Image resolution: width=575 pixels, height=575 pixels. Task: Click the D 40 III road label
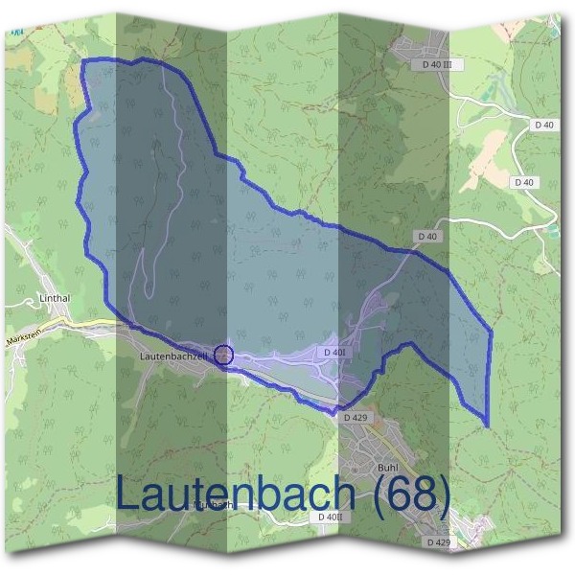436,64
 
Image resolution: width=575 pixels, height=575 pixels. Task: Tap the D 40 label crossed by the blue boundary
427,236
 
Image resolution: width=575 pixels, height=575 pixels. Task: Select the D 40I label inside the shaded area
333,353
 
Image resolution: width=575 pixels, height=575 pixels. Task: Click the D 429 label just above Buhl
355,418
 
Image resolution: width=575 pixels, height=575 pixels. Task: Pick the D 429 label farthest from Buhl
437,542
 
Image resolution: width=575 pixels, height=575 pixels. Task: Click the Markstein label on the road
23,339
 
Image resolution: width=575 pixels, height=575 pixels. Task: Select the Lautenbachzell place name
173,356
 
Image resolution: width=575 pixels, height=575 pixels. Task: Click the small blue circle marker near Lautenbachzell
223,356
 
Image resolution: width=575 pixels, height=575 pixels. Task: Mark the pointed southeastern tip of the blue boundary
488,426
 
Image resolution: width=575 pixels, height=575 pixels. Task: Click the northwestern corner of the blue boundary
83,60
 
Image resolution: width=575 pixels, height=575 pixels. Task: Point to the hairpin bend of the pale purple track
149,292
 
